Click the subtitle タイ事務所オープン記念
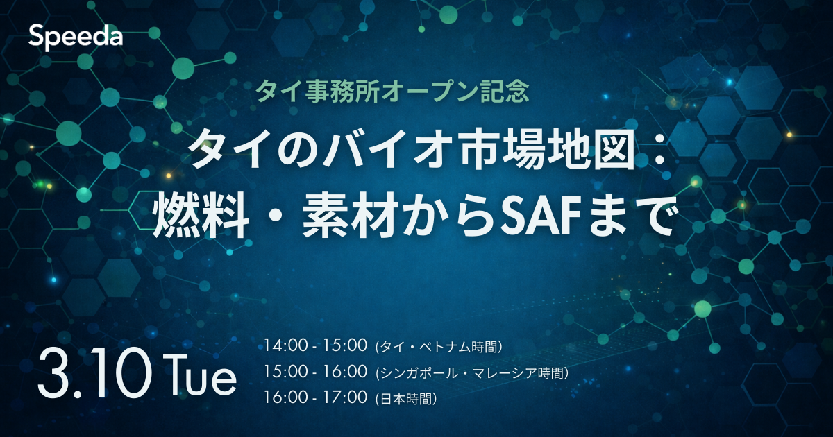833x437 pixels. tap(393, 91)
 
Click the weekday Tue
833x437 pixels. tap(199, 375)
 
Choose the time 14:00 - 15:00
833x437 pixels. tap(315, 345)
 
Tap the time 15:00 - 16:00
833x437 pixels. tap(315, 372)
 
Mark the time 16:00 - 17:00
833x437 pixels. tap(315, 397)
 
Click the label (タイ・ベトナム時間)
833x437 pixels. tap(439, 347)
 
